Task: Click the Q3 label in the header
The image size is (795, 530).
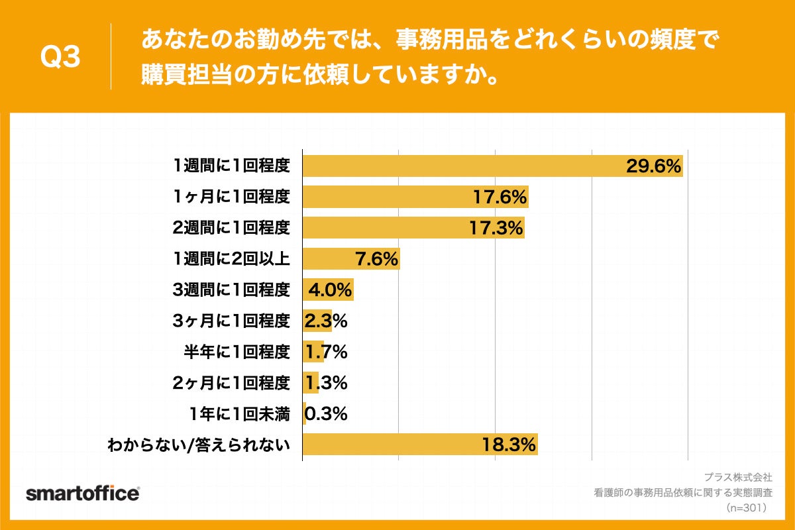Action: [x=60, y=57]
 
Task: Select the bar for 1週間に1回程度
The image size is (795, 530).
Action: [x=464, y=166]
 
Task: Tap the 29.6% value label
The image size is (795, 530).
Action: [x=654, y=166]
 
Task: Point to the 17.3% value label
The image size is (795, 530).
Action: [x=497, y=228]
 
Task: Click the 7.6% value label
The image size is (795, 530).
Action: [x=377, y=259]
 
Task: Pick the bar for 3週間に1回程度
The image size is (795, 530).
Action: [x=327, y=290]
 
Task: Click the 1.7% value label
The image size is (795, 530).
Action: [x=325, y=352]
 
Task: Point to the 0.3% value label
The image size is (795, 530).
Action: [x=325, y=414]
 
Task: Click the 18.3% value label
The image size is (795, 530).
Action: [x=509, y=445]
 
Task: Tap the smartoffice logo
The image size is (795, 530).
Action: [x=83, y=494]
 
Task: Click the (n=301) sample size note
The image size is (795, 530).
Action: [x=746, y=508]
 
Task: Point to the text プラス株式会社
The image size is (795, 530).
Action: [x=737, y=477]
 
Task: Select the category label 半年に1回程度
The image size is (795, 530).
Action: [x=237, y=352]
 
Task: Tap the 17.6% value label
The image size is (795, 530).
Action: [x=500, y=197]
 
